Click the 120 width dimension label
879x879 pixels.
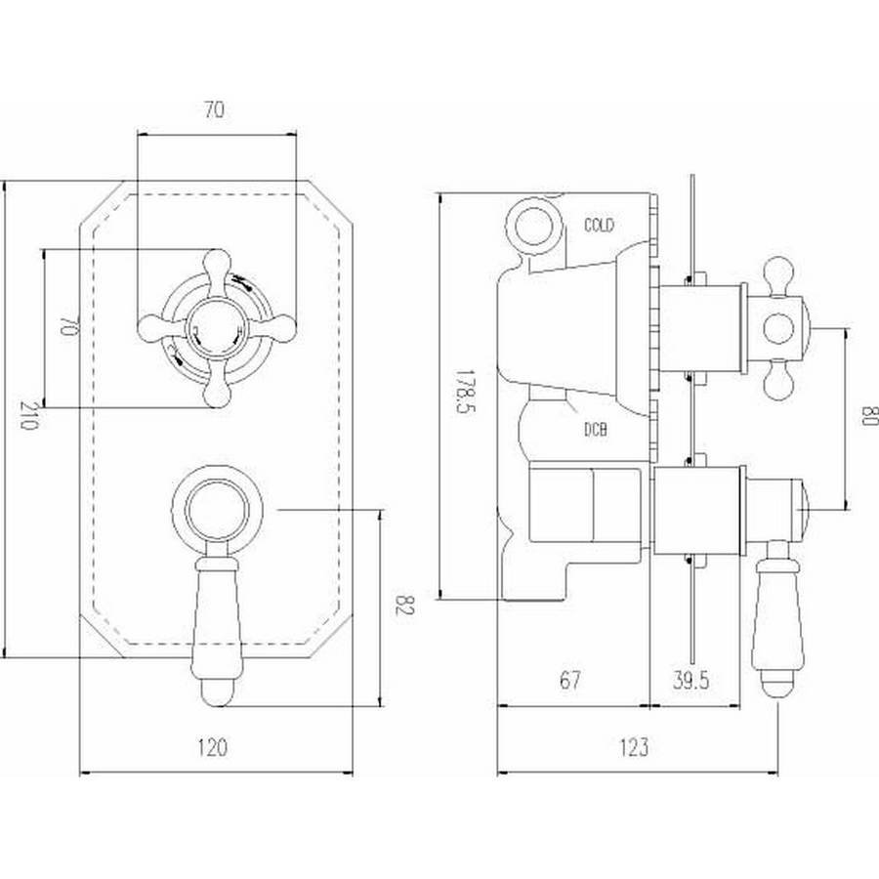point(213,747)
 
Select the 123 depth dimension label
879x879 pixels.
point(634,747)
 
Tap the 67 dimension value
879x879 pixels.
point(569,680)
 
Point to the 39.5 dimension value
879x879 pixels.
point(691,680)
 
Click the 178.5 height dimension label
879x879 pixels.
point(465,392)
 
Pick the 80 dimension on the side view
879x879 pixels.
point(868,416)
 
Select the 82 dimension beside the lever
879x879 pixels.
point(403,605)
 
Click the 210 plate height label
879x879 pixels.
point(28,415)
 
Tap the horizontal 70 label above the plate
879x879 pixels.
point(214,109)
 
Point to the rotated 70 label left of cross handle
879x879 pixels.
point(66,325)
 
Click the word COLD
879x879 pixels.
point(599,225)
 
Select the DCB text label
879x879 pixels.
point(596,430)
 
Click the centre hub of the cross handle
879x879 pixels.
point(217,328)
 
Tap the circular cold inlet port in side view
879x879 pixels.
point(534,226)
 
